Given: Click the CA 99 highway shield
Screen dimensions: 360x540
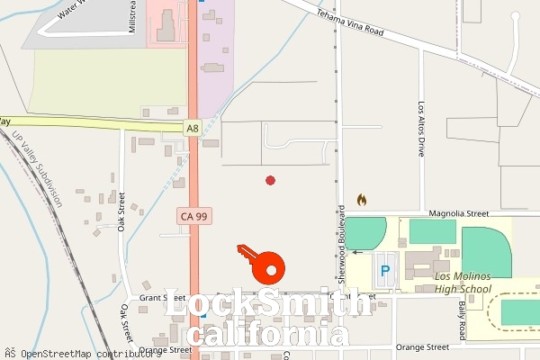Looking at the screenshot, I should [193, 217].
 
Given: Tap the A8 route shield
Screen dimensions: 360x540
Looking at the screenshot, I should [192, 129].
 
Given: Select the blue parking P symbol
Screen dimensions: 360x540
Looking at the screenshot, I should [385, 270].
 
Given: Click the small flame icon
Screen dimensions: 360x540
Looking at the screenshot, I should [362, 199].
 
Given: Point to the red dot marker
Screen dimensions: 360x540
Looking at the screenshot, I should [270, 181].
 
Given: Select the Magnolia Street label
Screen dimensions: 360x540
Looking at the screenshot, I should [459, 214].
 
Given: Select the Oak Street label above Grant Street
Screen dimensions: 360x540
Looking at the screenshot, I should [121, 212].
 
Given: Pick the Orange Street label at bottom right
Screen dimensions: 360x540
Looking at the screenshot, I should [423, 346].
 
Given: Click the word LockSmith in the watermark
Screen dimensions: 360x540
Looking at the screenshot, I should [267, 303].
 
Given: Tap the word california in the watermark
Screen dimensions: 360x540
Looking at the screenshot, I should [270, 336].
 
